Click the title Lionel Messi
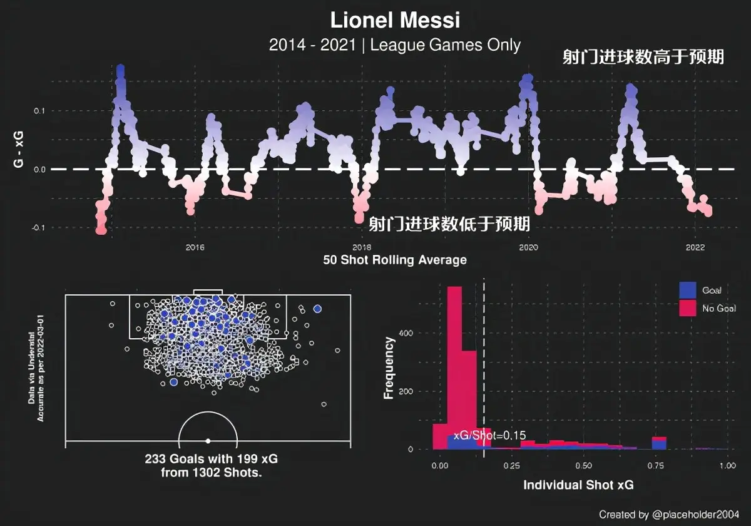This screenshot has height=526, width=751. pyautogui.click(x=395, y=20)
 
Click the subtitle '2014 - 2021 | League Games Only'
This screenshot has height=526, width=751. pyautogui.click(x=395, y=45)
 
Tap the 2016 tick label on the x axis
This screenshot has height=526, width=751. pyautogui.click(x=195, y=247)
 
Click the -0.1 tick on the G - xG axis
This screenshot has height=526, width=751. pyautogui.click(x=39, y=228)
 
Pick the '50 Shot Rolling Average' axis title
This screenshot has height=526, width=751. pyautogui.click(x=395, y=260)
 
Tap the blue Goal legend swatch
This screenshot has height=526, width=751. pyautogui.click(x=688, y=290)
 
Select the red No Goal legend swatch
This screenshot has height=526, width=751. pyautogui.click(x=688, y=308)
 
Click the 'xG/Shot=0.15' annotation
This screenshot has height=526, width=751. pyautogui.click(x=489, y=435)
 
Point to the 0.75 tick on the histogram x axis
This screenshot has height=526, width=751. pyautogui.click(x=655, y=467)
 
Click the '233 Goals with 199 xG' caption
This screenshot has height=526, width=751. pyautogui.click(x=211, y=459)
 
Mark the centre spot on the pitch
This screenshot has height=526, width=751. pyautogui.click(x=208, y=440)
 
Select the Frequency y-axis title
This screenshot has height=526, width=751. pyautogui.click(x=389, y=368)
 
